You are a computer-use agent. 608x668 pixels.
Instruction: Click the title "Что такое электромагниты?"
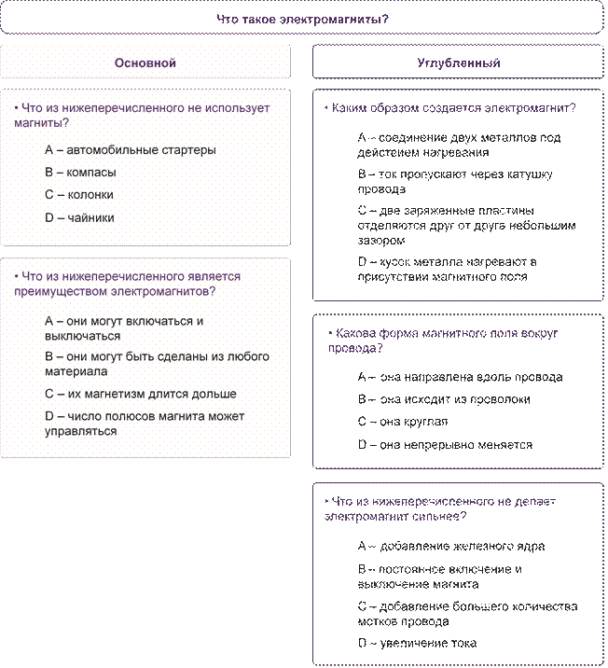[302, 20]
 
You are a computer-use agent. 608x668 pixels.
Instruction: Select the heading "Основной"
[145, 63]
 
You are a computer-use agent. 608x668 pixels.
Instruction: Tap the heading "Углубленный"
[459, 63]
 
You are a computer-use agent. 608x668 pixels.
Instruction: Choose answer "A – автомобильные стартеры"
[131, 150]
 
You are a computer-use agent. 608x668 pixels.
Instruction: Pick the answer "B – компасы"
[80, 173]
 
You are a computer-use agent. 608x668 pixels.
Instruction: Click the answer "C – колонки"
[79, 195]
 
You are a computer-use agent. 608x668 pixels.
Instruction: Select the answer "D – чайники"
[79, 217]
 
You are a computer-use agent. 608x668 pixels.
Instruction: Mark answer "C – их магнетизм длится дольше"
[141, 394]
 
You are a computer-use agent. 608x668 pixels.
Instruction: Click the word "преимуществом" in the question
[61, 292]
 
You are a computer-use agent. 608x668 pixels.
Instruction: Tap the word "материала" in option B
[76, 371]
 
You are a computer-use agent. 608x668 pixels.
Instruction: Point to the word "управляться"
[81, 432]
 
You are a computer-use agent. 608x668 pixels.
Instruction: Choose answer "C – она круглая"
[403, 422]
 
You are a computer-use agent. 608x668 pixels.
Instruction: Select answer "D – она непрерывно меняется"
[445, 445]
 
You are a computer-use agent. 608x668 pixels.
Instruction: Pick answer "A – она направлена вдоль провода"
[461, 377]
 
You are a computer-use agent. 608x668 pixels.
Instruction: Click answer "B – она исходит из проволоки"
[444, 399]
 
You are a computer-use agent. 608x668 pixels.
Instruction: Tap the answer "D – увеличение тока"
[417, 643]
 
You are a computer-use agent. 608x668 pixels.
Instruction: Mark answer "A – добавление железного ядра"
[451, 546]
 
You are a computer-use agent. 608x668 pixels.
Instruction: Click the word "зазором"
[381, 241]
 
